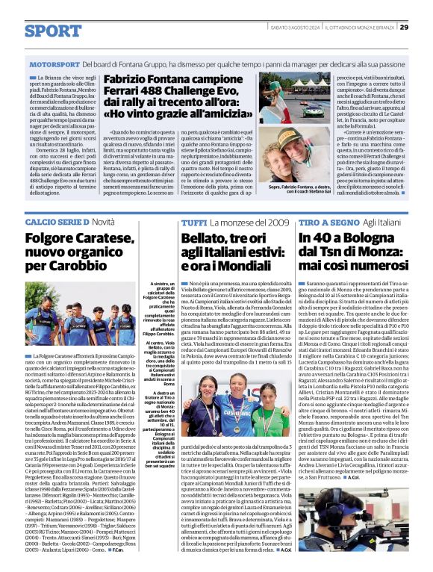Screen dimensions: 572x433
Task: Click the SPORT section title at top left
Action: tap(53, 31)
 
